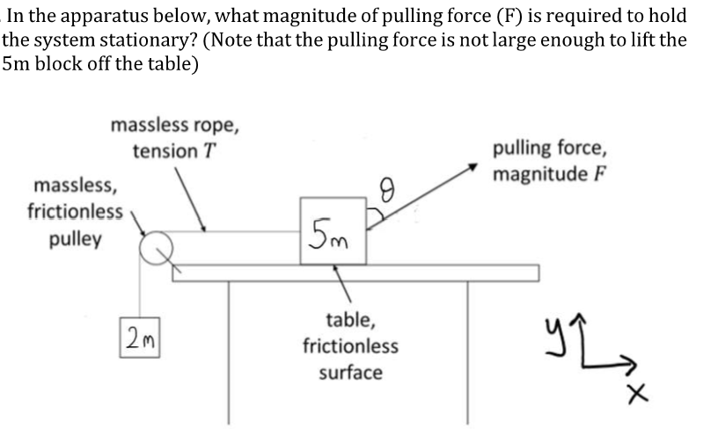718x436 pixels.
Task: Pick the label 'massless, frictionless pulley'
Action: click(76, 212)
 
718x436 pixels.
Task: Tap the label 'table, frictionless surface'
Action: click(350, 346)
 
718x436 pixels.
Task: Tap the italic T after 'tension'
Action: click(209, 151)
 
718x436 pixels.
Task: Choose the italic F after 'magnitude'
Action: click(598, 174)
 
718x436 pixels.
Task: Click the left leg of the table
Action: click(230, 352)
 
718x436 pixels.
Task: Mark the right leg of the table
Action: click(468, 352)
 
